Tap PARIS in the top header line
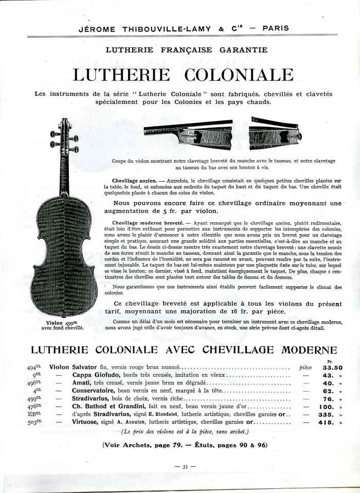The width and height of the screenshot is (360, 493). click(275, 29)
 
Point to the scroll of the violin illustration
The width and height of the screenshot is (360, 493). click(66, 126)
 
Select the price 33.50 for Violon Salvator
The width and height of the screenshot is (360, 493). click(332, 368)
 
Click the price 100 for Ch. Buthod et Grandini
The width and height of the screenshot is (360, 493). click(330, 407)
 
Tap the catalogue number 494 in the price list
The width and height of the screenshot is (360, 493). click(34, 367)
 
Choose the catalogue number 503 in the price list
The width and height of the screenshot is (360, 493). click(34, 422)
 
